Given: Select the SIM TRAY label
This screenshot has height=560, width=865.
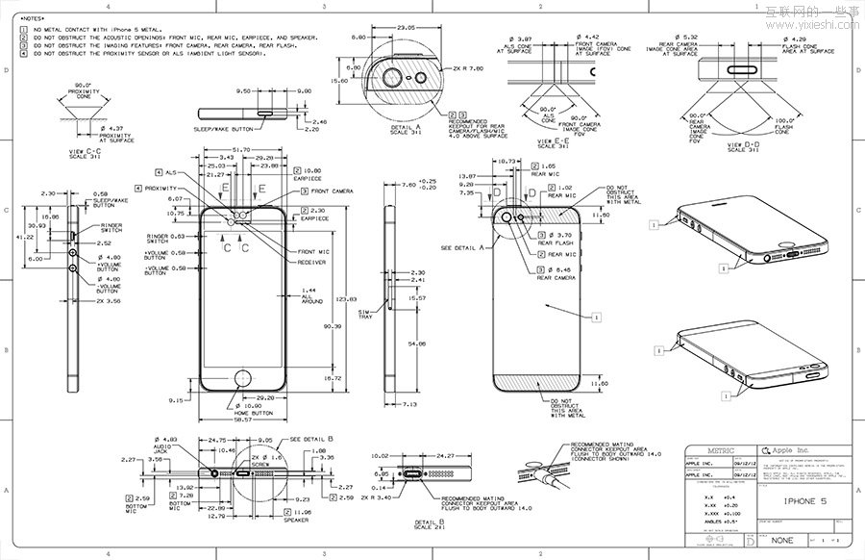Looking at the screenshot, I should tap(365, 316).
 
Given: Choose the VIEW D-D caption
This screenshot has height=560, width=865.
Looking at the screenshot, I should tap(744, 146).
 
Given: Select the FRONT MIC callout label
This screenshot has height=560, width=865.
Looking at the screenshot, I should tap(313, 252).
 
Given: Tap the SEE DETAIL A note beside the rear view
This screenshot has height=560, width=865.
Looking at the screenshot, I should tap(460, 247).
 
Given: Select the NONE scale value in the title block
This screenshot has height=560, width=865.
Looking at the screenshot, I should tap(781, 541).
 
